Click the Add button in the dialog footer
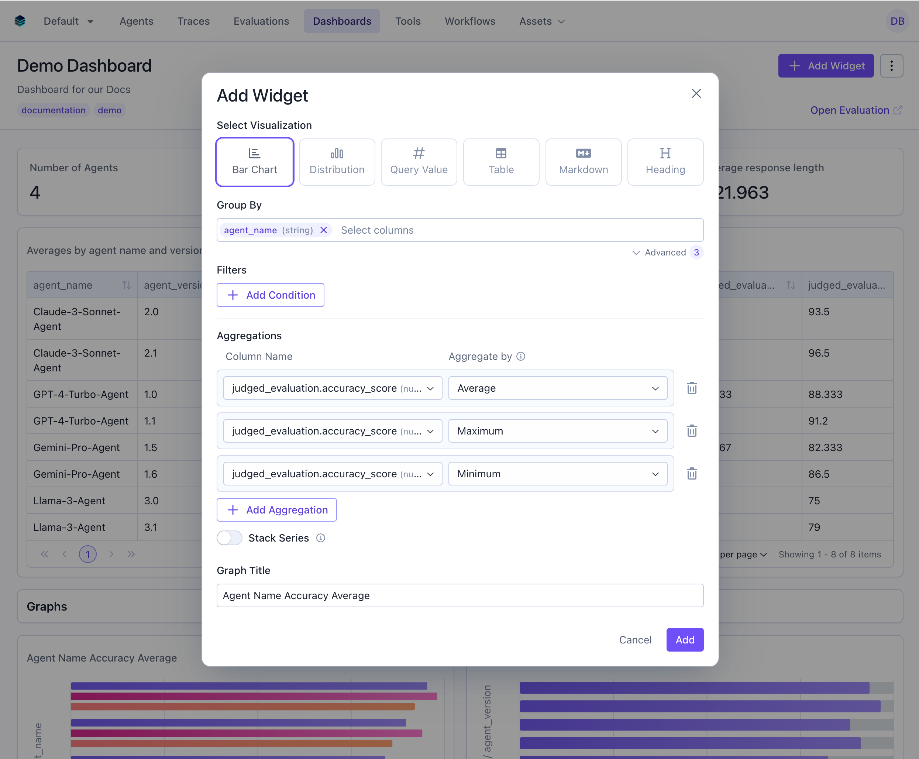click(x=684, y=640)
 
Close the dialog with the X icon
click(x=696, y=93)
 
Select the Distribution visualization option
click(x=337, y=162)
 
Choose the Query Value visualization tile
click(x=419, y=162)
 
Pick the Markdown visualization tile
click(x=583, y=162)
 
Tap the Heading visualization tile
click(x=665, y=162)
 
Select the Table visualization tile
click(x=501, y=162)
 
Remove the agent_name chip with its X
click(x=323, y=230)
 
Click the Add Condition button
click(x=270, y=295)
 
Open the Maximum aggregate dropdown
click(x=557, y=431)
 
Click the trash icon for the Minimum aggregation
click(x=692, y=474)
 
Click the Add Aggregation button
click(x=276, y=510)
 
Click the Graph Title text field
click(x=460, y=595)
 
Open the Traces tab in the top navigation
click(x=193, y=21)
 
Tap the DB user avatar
click(x=897, y=21)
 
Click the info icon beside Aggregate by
click(x=520, y=356)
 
